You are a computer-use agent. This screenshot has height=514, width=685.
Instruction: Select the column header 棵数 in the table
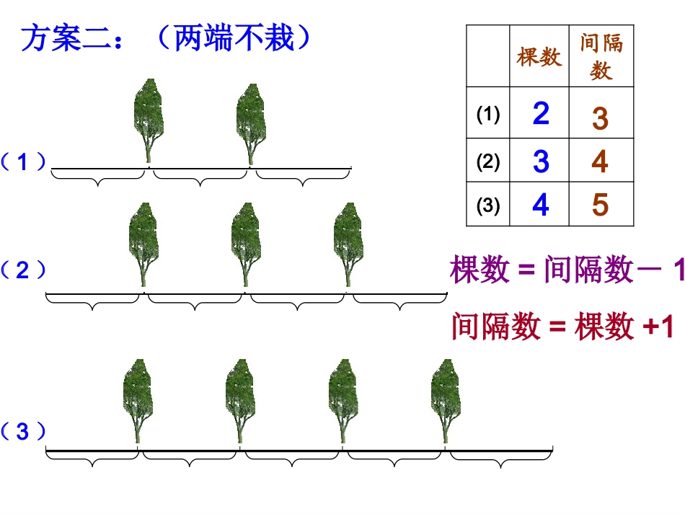coord(539,57)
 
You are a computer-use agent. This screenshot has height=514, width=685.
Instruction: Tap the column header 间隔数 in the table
coord(601,56)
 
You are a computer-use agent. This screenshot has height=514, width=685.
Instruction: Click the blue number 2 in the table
coord(540,114)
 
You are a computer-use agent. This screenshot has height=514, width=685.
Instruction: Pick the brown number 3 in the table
coord(600,118)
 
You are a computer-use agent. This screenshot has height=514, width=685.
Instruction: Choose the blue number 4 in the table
coord(540,206)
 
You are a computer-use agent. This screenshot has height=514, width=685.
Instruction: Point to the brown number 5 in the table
coord(600,206)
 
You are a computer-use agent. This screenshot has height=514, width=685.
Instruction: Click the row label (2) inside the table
coord(488,161)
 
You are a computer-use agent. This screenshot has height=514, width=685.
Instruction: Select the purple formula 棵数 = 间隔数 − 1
coord(567,271)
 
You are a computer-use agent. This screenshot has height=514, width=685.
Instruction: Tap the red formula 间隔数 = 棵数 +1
coord(563,327)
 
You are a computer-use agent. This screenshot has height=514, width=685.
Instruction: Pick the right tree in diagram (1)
coord(251,123)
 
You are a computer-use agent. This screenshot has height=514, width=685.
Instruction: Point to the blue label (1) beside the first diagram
coord(23,163)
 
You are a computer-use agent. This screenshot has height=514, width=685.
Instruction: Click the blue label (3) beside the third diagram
coord(23,432)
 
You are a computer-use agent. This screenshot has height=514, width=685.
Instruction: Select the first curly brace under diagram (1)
coord(99,178)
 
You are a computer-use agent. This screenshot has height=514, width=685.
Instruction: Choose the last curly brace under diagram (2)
coord(399,303)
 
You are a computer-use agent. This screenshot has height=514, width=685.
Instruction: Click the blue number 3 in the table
coord(541,162)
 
